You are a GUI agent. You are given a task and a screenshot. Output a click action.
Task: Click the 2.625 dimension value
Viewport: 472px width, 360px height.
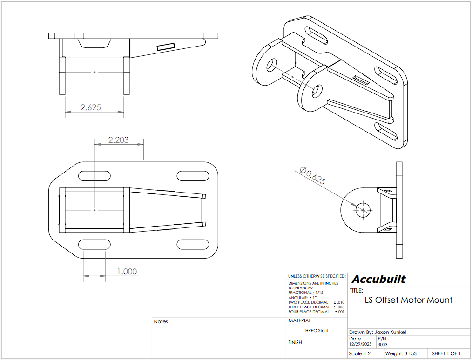pos(91,107)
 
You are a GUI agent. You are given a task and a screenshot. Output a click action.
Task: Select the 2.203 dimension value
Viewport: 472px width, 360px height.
pos(118,140)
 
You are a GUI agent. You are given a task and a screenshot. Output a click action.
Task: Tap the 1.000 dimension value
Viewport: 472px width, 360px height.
pos(126,272)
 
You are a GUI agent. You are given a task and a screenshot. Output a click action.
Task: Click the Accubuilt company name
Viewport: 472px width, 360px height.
pos(378,280)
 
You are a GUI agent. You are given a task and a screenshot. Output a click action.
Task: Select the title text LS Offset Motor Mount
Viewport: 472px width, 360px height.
pos(408,300)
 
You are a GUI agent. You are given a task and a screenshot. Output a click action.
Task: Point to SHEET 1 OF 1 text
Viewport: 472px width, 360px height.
pos(446,354)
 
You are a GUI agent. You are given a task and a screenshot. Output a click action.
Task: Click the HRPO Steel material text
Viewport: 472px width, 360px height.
pos(317,331)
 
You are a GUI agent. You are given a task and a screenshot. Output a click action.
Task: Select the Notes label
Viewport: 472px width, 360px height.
pos(161,322)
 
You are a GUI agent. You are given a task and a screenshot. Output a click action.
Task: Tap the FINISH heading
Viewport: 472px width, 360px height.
pos(295,342)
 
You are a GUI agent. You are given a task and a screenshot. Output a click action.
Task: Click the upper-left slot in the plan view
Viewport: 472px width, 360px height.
pos(94,176)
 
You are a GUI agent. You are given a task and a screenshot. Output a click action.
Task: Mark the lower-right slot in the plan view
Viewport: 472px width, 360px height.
pos(193,244)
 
